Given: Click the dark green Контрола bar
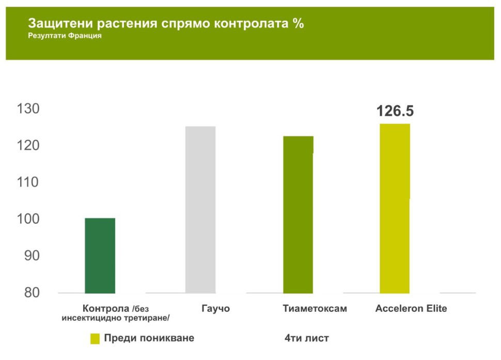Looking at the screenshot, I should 100,256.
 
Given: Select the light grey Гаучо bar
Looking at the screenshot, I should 200,210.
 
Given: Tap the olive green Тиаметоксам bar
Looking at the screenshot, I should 298,214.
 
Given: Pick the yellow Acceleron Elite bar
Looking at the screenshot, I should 395,208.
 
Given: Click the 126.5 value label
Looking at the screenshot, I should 395,111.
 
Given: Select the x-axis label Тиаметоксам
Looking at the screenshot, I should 315,309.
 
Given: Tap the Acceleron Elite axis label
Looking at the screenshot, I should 411,309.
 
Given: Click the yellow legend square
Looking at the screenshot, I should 95,339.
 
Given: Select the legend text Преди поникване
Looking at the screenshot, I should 149,338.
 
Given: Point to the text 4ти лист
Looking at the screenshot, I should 306,338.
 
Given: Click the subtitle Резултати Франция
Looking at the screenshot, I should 65,36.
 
